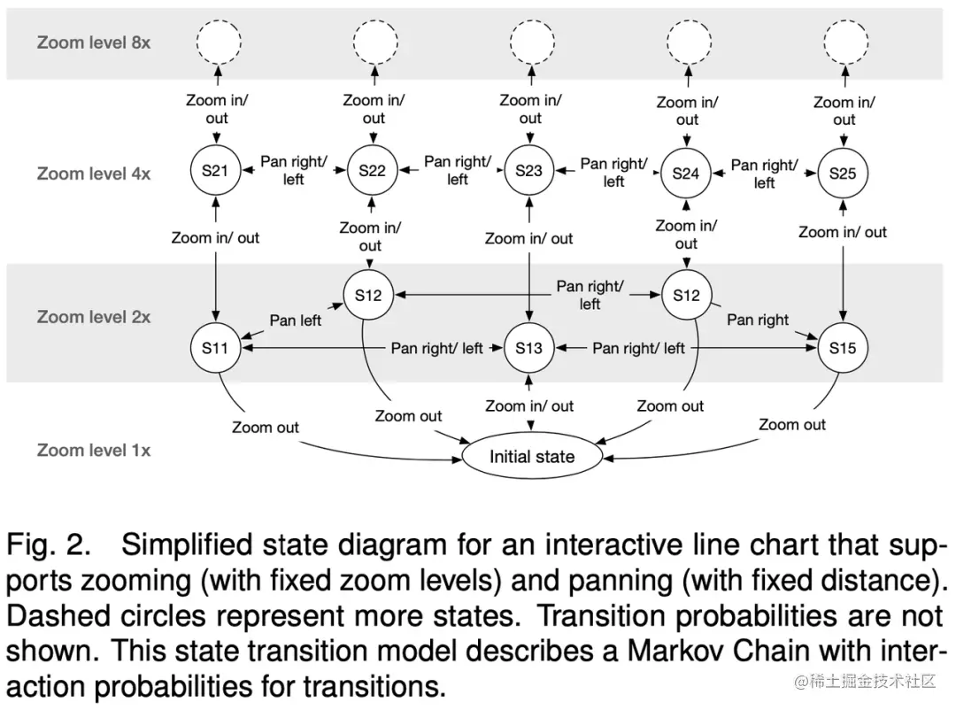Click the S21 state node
215,170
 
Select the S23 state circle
529,170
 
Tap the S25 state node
843,174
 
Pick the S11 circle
215,348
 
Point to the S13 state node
529,348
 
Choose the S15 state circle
843,348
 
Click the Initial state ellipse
532,456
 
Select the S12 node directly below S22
368,295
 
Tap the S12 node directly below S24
687,295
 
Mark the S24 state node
686,174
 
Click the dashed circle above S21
219,42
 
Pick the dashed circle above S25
845,42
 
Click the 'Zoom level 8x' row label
94,42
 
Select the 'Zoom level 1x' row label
94,450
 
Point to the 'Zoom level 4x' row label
94,174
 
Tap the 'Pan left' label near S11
295,320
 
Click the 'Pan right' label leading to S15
758,320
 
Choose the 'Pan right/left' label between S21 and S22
294,170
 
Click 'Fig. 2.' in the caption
49,544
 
